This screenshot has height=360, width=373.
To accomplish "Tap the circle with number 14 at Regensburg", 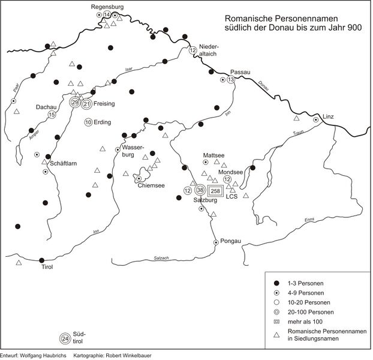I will [107, 14].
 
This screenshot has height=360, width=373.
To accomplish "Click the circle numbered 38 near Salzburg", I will [200, 190].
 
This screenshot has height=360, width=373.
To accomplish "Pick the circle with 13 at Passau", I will [231, 80].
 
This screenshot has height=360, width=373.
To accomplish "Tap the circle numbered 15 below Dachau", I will [52, 115].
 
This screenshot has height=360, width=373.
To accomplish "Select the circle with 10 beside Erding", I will [88, 122].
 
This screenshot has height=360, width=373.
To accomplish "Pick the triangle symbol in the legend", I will [276, 335].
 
